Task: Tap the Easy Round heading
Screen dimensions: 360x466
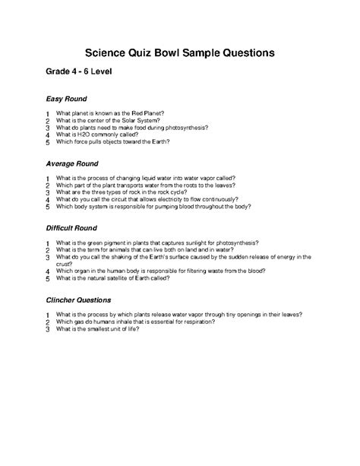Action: click(67, 100)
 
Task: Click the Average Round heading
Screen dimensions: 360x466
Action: click(72, 163)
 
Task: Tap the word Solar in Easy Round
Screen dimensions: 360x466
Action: click(132, 120)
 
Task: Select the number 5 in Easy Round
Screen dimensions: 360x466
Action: click(47, 142)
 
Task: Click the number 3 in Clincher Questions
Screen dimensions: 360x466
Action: click(47, 328)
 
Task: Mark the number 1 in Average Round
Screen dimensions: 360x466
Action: click(47, 177)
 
